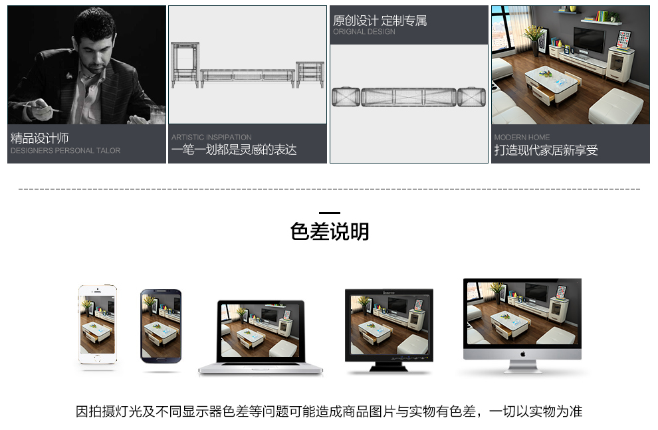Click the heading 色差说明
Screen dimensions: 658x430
coord(330,231)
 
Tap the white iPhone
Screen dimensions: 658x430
coord(97,324)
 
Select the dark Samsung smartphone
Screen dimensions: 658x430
coord(161,326)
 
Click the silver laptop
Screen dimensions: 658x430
coord(261,336)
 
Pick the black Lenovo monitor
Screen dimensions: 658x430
coord(389,330)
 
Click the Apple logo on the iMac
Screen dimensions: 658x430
coord(522,354)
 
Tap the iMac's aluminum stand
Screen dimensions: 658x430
coord(522,366)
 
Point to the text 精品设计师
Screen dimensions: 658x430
coord(39,138)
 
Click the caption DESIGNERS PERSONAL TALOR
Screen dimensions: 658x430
coord(65,151)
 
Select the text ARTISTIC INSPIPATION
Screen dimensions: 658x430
coord(211,137)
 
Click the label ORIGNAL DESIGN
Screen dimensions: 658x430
coord(364,31)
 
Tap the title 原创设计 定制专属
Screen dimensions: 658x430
coord(380,20)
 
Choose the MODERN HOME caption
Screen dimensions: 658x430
coord(522,137)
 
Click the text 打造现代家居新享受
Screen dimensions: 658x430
coord(546,150)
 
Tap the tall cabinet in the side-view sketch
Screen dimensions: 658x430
coord(185,64)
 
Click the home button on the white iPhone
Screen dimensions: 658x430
coord(97,358)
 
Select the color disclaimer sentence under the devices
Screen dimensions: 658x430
coord(329,411)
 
